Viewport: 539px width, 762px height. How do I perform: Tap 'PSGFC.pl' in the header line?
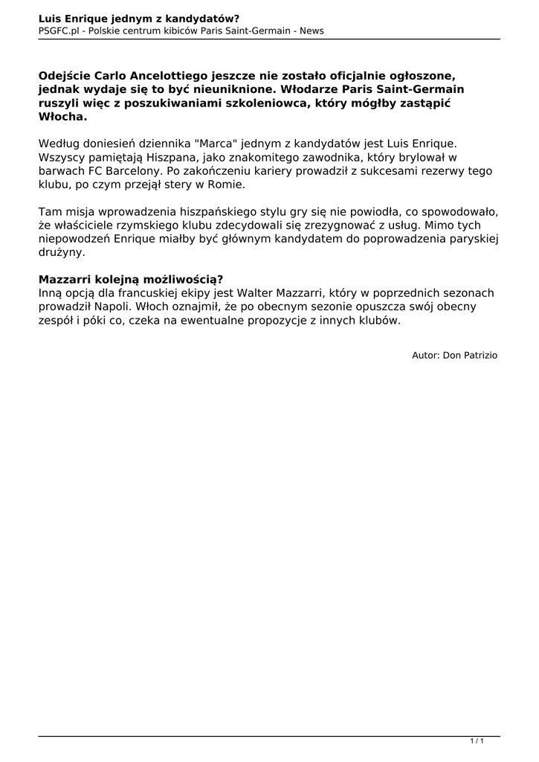click(59, 31)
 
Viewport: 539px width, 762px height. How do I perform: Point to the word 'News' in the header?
click(312, 31)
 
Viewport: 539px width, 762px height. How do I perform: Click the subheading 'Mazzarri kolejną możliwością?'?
click(131, 279)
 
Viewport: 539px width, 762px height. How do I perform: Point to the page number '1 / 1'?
click(477, 741)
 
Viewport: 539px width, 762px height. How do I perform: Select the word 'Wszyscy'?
click(61, 157)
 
